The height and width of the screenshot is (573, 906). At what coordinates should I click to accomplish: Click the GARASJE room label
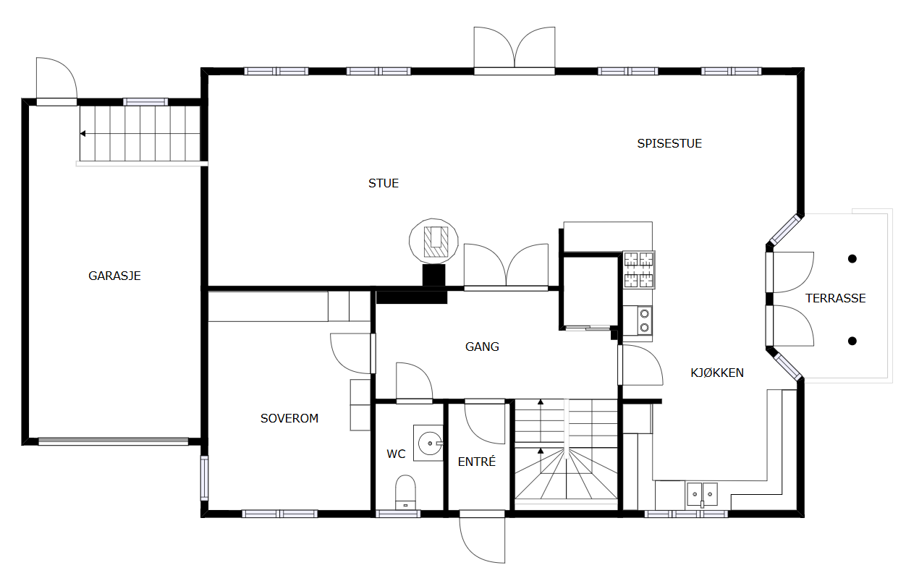tap(114, 276)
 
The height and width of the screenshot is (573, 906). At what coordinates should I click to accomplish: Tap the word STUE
tap(384, 183)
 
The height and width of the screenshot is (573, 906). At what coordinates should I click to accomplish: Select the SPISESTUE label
tap(669, 143)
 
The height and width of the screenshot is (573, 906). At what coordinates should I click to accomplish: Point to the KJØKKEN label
tap(717, 373)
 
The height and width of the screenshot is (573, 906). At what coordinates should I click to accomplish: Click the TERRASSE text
tap(836, 298)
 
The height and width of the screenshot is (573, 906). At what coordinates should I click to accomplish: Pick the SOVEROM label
tap(289, 418)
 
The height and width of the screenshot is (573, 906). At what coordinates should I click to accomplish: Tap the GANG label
tap(482, 347)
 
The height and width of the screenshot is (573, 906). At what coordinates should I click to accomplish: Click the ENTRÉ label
tap(476, 462)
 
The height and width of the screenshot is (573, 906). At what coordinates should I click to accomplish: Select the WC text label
tap(396, 454)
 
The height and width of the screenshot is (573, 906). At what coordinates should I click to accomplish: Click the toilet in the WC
tap(405, 492)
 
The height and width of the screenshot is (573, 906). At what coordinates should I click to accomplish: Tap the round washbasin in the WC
tap(430, 443)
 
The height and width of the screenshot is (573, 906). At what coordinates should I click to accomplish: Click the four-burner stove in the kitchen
tap(639, 270)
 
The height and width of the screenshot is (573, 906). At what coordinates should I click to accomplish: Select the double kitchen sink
tap(702, 494)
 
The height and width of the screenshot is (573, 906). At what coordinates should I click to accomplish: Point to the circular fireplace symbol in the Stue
tap(434, 242)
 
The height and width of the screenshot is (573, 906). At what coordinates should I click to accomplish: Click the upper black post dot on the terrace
tap(852, 259)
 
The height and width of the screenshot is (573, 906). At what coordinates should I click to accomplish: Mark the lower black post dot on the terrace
tap(852, 341)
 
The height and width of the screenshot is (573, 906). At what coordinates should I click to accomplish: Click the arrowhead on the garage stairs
tap(82, 133)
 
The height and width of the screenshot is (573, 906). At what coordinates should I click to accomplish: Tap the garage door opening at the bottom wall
tap(113, 441)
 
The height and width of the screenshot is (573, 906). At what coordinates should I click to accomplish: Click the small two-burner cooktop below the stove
tap(645, 321)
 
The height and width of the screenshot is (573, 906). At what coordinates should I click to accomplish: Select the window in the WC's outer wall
tap(398, 514)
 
